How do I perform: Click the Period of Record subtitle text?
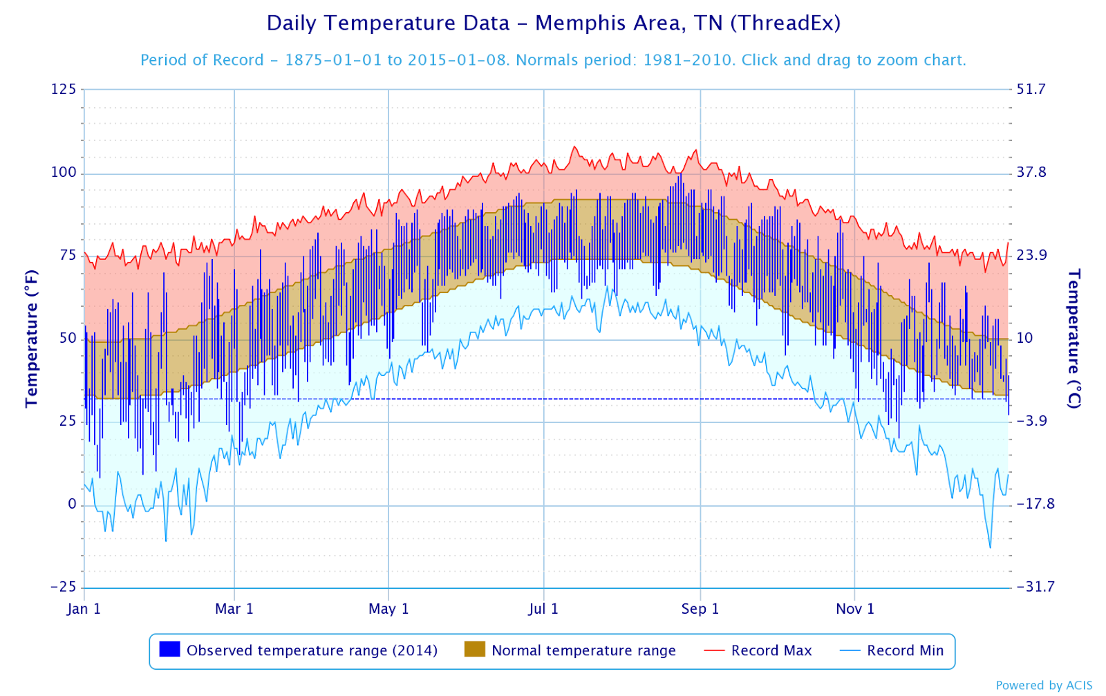(553, 60)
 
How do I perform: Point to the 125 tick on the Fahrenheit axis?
(63, 89)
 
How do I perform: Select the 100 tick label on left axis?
(63, 172)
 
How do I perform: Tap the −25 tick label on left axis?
(63, 587)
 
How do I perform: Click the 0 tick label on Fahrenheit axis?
(72, 504)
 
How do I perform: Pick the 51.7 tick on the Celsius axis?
(1031, 89)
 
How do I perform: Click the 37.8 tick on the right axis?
(1031, 172)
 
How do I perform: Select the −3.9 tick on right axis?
(1031, 421)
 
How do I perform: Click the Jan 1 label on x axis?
(84, 609)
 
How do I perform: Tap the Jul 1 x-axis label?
(543, 609)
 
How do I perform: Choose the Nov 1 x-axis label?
(855, 609)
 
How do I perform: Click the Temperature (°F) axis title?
(31, 338)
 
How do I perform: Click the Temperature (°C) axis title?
(1074, 338)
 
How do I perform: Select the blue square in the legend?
(169, 650)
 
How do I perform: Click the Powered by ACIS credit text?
(1044, 685)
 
